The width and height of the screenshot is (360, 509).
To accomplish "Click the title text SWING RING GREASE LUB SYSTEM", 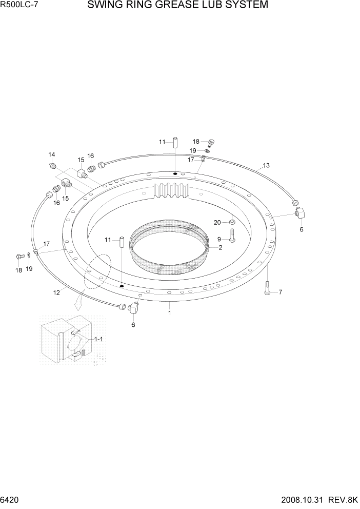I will pos(177,6).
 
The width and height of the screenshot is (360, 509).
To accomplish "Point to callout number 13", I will pos(266,166).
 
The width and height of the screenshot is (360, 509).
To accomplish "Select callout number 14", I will pos(51,154).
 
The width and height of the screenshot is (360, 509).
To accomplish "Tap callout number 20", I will pos(217,222).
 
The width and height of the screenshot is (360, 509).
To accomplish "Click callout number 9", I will pos(219,239).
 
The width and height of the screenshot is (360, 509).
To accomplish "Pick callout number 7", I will pos(280,292).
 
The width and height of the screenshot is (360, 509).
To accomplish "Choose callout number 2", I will pos(220,247).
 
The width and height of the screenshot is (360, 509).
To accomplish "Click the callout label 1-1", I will pos(98,340).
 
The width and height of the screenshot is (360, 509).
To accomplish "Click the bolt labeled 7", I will pos(267,288).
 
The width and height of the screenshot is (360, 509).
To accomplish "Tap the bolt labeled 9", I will pos(231,236).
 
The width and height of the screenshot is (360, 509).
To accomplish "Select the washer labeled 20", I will pos(232,222).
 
